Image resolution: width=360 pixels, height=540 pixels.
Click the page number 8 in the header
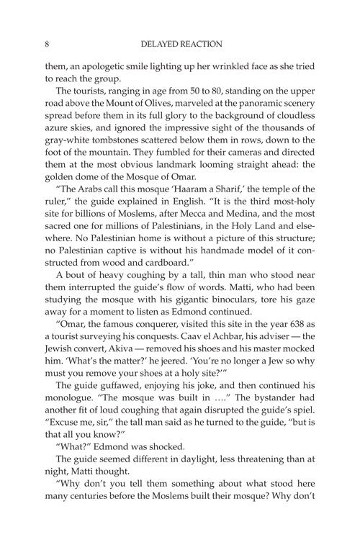pyautogui.click(x=46, y=43)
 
